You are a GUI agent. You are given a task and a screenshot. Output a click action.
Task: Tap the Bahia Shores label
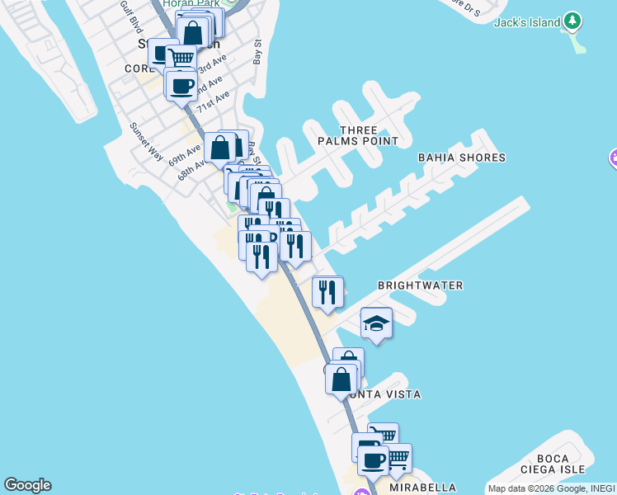[461, 158]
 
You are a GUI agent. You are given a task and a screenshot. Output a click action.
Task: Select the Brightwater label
[420, 285]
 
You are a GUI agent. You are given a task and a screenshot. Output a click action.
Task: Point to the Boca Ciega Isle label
[552, 464]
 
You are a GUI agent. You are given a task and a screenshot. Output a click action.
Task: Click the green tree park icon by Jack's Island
[572, 22]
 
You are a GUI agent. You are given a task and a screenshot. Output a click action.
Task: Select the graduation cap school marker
[376, 323]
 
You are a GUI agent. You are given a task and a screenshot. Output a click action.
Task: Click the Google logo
[27, 485]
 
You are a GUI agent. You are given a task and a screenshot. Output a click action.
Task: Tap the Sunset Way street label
[145, 141]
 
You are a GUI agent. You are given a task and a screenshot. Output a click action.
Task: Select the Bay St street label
[257, 52]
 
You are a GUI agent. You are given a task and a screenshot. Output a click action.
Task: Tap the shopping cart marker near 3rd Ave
[181, 58]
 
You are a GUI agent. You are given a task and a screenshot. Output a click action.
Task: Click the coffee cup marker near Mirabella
[374, 460]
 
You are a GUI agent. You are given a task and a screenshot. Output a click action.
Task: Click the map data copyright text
[550, 488]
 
